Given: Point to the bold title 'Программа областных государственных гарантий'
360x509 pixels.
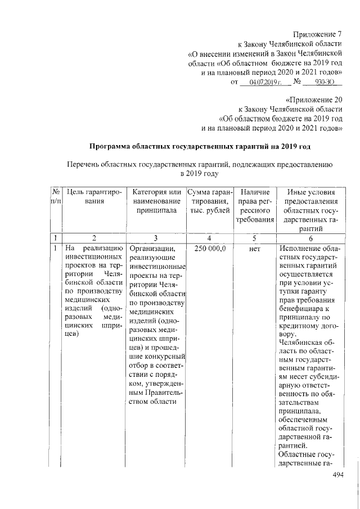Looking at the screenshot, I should point(200,147).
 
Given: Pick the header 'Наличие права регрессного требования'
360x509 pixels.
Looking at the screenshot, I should point(254,206).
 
